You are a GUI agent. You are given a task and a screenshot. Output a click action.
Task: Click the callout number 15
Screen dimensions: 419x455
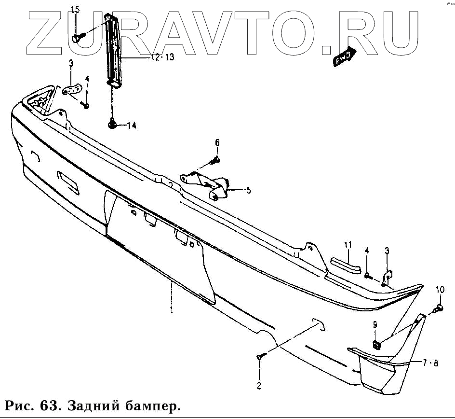tap(75, 10)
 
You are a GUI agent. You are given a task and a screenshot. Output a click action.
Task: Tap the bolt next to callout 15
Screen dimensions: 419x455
tap(77, 36)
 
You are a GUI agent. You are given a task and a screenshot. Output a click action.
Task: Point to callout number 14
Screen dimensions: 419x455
tap(131, 126)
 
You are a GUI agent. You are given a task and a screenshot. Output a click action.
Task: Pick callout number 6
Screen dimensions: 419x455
tap(217, 142)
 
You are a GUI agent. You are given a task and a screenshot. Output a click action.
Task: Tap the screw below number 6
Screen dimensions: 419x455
tap(216, 159)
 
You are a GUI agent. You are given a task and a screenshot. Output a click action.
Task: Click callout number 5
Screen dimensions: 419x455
tap(248, 190)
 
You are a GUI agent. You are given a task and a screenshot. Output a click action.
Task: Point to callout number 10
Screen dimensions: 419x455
tap(440, 290)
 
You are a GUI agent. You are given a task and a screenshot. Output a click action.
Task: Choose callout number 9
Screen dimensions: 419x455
tap(375, 326)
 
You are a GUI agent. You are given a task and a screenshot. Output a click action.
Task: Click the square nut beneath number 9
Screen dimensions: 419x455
tap(376, 344)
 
